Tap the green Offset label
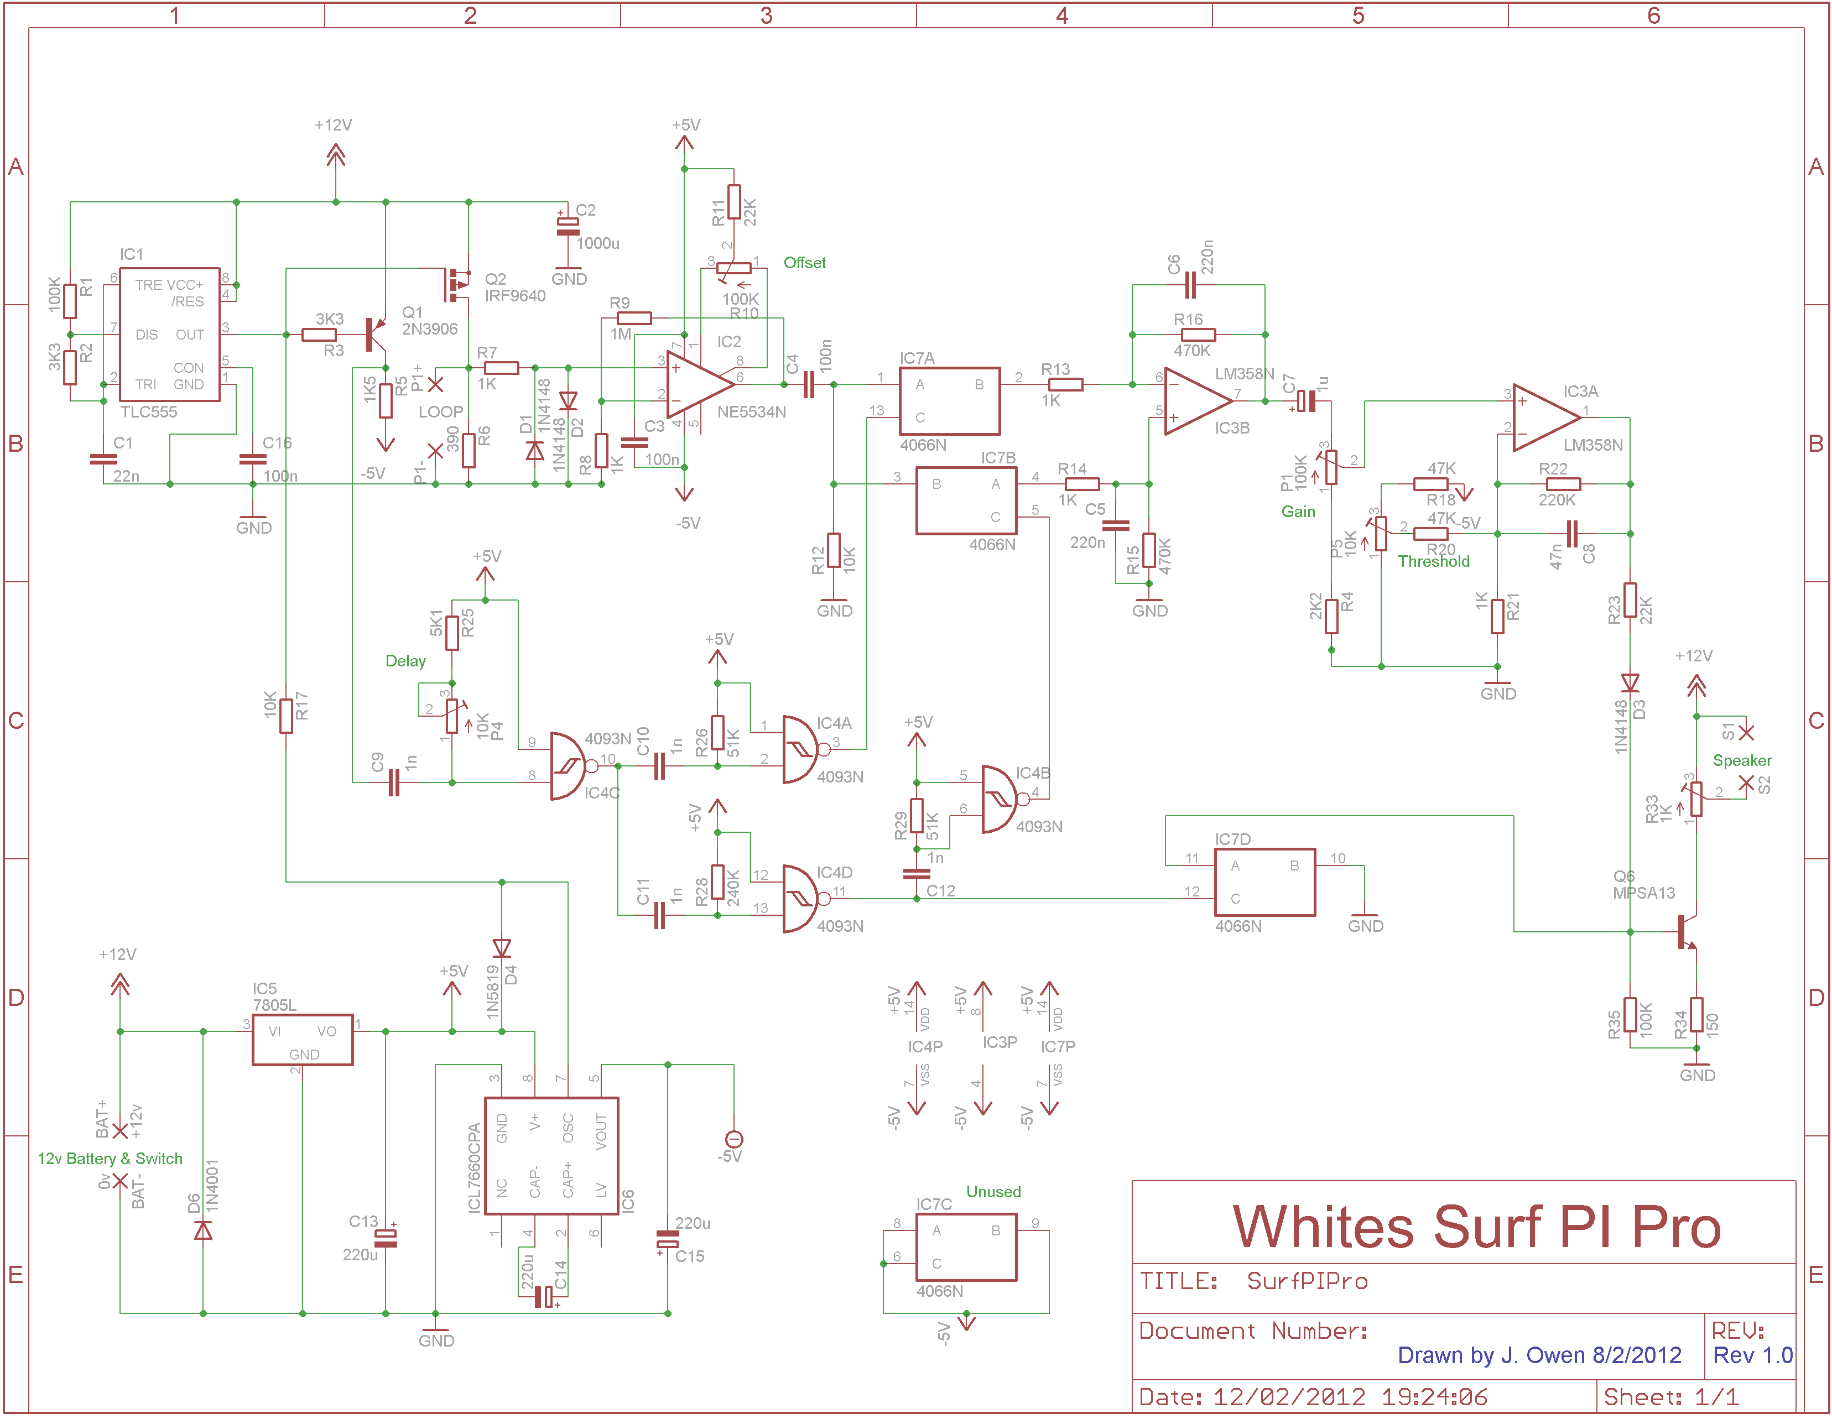point(804,263)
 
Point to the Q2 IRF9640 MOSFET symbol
point(455,285)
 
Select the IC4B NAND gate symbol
point(1000,799)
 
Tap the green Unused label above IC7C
point(993,1192)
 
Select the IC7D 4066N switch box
point(1264,882)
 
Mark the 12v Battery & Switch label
point(110,1158)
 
